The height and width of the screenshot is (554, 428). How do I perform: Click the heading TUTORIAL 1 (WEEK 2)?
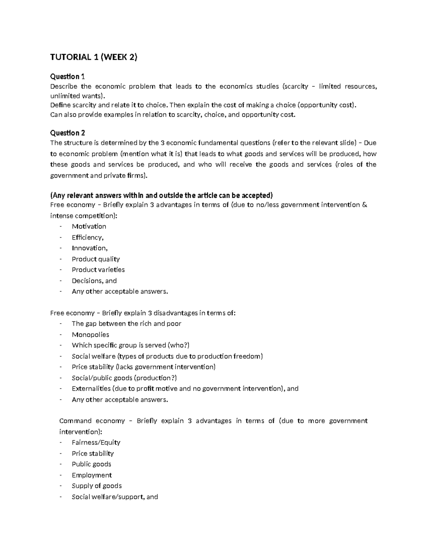(93, 57)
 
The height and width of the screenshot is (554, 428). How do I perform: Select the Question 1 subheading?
(67, 76)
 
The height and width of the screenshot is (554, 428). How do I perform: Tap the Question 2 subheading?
(67, 133)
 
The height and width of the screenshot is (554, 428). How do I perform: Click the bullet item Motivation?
(89, 227)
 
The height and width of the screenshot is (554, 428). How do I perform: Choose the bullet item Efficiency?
(87, 237)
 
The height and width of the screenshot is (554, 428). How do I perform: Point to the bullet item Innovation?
(90, 248)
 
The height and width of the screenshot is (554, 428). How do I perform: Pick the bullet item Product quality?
(96, 259)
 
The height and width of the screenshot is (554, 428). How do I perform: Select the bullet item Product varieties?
(98, 270)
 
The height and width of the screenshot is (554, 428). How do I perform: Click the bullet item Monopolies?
(90, 335)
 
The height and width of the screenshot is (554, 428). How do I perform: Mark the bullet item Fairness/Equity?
(96, 442)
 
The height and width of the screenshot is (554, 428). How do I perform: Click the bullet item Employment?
(92, 475)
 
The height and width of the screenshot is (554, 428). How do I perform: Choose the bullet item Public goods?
(91, 464)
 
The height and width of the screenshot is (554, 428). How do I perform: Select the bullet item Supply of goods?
(97, 486)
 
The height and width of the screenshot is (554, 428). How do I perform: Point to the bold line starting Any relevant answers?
(161, 195)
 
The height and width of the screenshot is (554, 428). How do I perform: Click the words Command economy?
(92, 421)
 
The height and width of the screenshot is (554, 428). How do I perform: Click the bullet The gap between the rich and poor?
(126, 324)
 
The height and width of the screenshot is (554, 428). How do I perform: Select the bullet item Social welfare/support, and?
(114, 497)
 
